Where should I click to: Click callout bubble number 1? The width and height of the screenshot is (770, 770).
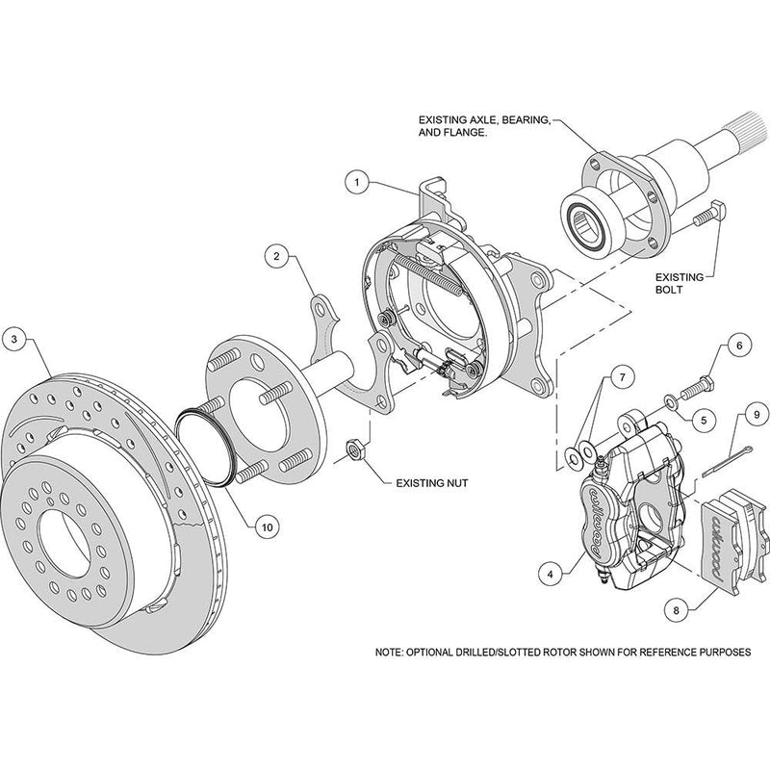pyautogui.click(x=355, y=180)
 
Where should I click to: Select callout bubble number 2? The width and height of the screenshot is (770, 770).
pyautogui.click(x=276, y=257)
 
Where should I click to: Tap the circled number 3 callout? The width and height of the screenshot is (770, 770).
pyautogui.click(x=15, y=338)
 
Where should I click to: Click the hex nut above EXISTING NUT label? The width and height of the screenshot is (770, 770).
pyautogui.click(x=353, y=449)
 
